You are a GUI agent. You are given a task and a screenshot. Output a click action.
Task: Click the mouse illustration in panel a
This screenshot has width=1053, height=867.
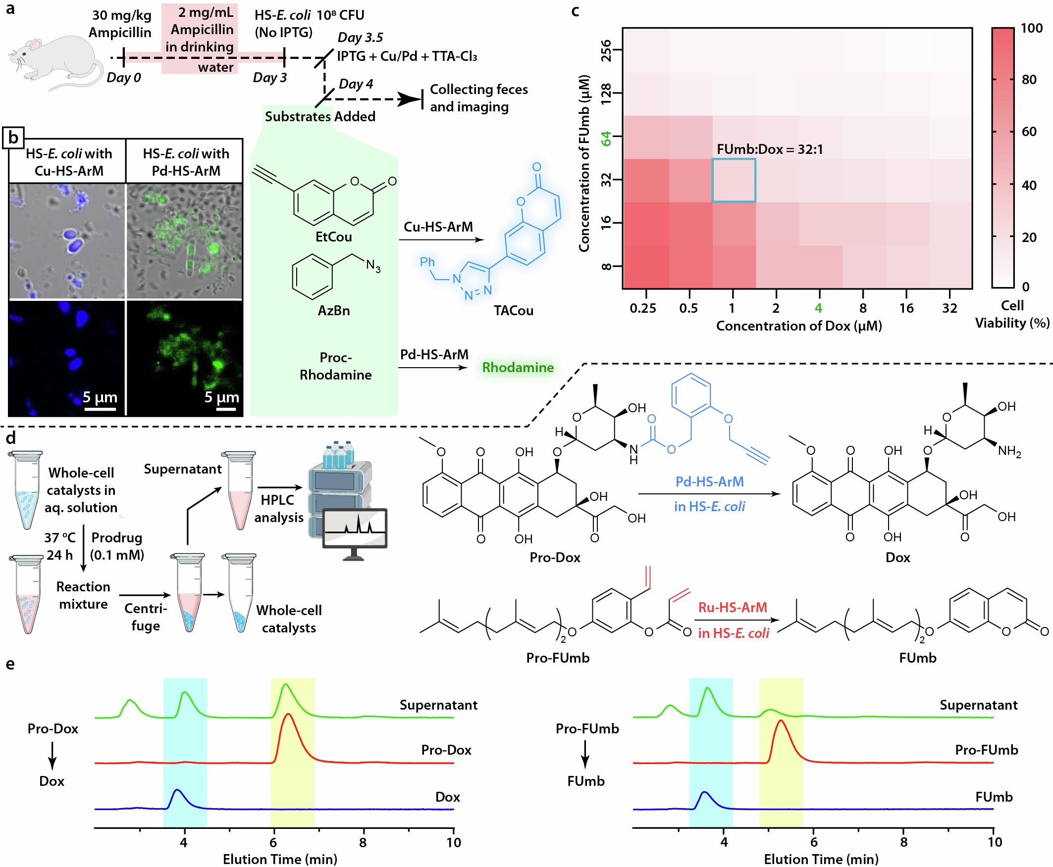pyautogui.click(x=53, y=62)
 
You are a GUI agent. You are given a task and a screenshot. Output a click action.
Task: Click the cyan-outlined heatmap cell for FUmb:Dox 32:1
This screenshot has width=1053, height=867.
pyautogui.click(x=733, y=180)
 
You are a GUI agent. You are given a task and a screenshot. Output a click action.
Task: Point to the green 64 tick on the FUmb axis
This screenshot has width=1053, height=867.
pyautogui.click(x=606, y=138)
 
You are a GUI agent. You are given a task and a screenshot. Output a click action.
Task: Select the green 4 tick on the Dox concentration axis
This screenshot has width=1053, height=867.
pyautogui.click(x=818, y=308)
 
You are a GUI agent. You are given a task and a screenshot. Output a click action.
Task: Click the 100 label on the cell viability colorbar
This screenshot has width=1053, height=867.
pyautogui.click(x=1031, y=28)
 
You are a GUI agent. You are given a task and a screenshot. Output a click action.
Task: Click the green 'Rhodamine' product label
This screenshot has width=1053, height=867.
pyautogui.click(x=517, y=368)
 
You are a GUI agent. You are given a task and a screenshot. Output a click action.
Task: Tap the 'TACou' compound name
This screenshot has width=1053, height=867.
pyautogui.click(x=513, y=311)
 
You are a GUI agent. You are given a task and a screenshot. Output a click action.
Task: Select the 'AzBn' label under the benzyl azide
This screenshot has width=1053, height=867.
pyautogui.click(x=333, y=311)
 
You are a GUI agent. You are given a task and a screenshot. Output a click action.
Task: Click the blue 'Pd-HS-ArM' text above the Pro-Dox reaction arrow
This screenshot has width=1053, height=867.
pyautogui.click(x=709, y=482)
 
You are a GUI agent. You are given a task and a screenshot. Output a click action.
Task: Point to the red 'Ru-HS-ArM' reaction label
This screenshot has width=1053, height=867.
pyautogui.click(x=732, y=607)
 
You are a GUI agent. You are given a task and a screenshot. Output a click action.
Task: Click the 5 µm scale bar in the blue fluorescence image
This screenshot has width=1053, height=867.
pyautogui.click(x=100, y=409)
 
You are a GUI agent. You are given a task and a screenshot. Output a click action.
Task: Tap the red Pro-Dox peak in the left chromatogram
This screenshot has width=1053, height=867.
pyautogui.click(x=288, y=719)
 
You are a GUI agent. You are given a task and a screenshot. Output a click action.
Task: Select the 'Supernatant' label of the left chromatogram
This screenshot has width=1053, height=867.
pyautogui.click(x=438, y=705)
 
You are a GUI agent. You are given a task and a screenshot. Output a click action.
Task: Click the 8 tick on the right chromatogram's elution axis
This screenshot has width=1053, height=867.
pyautogui.click(x=903, y=842)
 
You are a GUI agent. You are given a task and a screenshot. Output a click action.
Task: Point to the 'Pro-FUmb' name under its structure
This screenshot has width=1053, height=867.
pyautogui.click(x=557, y=658)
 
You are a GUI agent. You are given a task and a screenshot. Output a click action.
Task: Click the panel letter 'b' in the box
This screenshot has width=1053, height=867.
pyautogui.click(x=13, y=138)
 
